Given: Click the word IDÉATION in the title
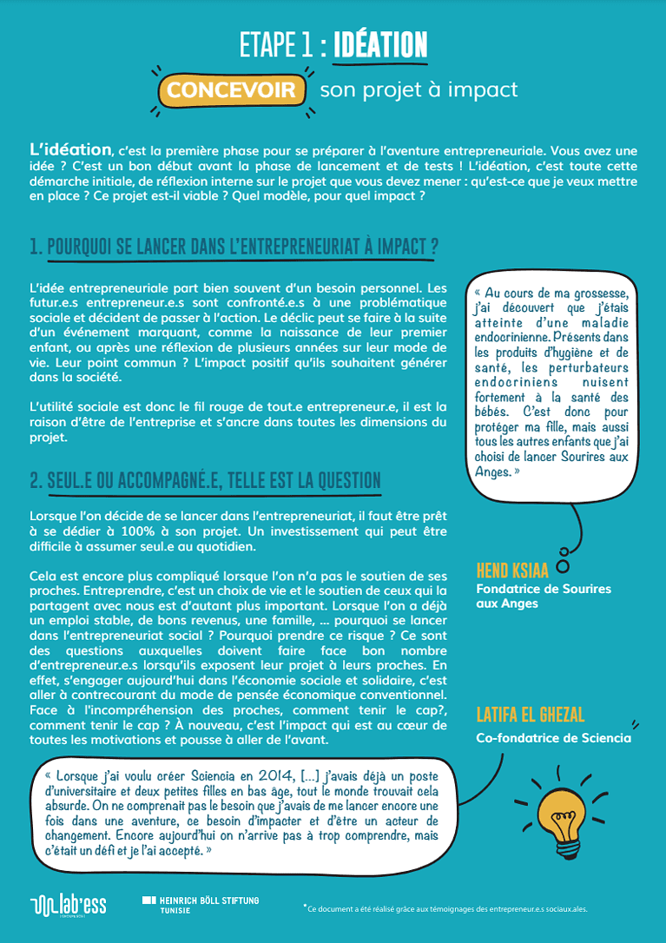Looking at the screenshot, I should (x=379, y=45).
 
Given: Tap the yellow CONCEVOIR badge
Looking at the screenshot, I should (x=231, y=90).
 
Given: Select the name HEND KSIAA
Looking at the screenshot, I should (x=513, y=570).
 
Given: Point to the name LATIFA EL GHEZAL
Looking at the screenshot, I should (x=531, y=715).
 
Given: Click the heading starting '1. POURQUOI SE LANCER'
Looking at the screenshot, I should (x=234, y=247).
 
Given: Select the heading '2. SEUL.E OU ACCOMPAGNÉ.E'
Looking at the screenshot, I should (x=205, y=480).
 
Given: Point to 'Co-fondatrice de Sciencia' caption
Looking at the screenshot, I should (x=554, y=739).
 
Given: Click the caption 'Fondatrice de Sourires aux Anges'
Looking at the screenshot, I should (x=544, y=596).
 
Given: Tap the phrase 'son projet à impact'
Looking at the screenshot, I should (x=419, y=90).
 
